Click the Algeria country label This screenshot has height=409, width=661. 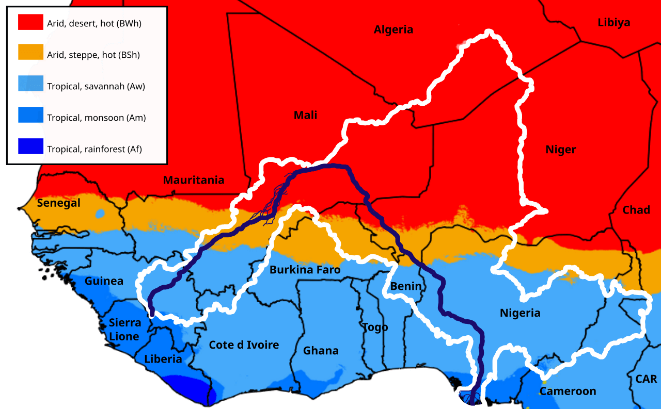pos(394,29)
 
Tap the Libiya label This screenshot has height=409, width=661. pos(614,23)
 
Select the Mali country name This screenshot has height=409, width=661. pos(305,115)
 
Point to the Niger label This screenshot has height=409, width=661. pos(560,150)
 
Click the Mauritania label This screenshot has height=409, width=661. pos(194,180)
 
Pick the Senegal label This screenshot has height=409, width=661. pos(59,203)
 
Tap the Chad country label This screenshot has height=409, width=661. pos(636,210)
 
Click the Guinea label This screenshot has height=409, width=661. pos(104,281)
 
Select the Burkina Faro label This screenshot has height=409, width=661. pos(305,270)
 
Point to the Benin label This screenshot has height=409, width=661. pos(406,286)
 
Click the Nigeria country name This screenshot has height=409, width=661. pos(520,313)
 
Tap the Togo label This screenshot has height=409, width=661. pos(375,327)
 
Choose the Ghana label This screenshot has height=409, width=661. pos(321,351)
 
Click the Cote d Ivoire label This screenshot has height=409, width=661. pos(244,345)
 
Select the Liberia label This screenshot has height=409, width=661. pos(163,359)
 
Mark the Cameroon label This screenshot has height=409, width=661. pos(568,391)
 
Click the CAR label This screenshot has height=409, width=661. pos(646,379)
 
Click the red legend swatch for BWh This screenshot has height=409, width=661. pos(30,23)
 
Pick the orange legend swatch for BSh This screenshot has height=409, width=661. pos(30,53)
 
